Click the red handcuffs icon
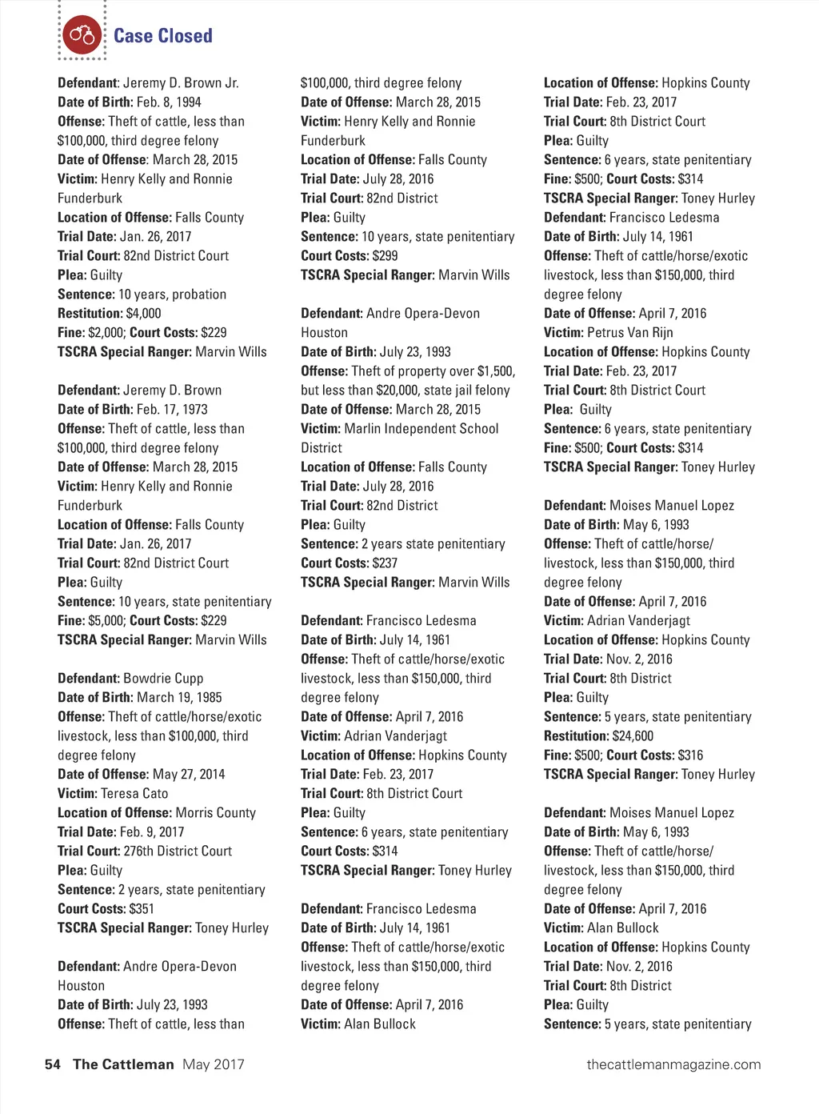click(x=82, y=35)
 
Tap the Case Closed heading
click(x=162, y=36)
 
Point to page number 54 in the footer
click(x=53, y=1064)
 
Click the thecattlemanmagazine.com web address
click(x=673, y=1064)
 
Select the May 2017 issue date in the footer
click(x=213, y=1064)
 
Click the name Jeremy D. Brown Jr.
click(x=181, y=83)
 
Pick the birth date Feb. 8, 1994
click(x=169, y=102)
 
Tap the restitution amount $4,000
click(x=143, y=314)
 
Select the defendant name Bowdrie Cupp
click(x=163, y=679)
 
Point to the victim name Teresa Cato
click(x=134, y=794)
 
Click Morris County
click(x=215, y=813)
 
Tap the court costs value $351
click(x=142, y=909)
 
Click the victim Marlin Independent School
click(x=421, y=429)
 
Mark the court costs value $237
click(x=385, y=563)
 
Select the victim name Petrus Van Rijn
click(x=630, y=333)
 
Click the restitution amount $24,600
click(x=633, y=736)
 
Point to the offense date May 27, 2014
click(x=189, y=775)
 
